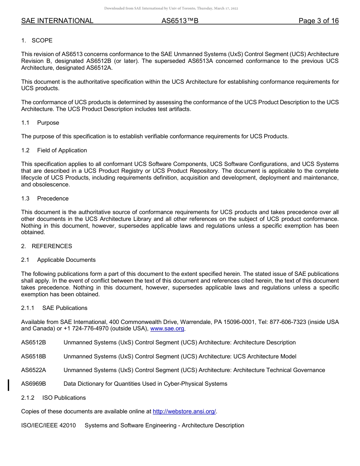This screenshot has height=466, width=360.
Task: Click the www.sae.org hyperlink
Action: point(167,329)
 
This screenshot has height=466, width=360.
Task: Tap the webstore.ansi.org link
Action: point(184,411)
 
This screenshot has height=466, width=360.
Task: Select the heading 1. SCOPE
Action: point(37,41)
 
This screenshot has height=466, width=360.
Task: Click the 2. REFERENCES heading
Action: point(47,246)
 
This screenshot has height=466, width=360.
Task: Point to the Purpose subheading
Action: point(48,123)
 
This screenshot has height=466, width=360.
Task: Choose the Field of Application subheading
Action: point(62,150)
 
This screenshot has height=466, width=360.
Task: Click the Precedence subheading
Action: point(53,199)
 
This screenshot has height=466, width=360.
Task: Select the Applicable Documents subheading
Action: point(66,260)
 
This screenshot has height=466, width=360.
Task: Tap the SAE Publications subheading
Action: point(65,308)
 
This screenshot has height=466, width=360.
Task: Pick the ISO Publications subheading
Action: point(64,398)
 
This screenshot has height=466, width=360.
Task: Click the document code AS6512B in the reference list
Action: point(34,342)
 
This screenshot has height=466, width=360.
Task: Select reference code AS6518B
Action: point(34,357)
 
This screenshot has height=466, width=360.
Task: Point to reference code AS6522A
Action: point(34,370)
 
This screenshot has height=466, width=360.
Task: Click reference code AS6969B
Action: point(34,384)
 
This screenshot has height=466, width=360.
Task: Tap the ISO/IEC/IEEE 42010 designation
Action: point(49,425)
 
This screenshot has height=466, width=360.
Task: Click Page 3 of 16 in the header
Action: point(318,21)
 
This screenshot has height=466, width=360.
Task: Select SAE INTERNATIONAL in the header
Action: point(57,21)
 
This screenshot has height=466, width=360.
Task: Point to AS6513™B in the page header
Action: point(180,21)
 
